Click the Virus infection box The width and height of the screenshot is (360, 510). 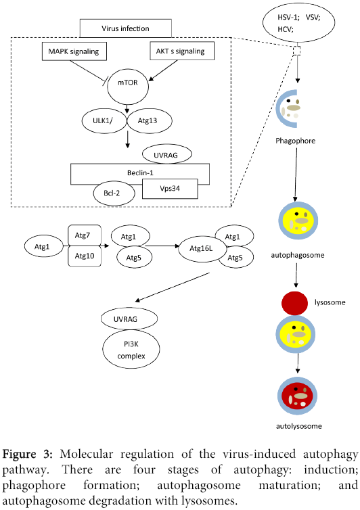125,29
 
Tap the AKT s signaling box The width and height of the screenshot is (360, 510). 180,51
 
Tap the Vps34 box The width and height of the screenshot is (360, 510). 169,189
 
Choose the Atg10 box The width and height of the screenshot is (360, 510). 85,255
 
